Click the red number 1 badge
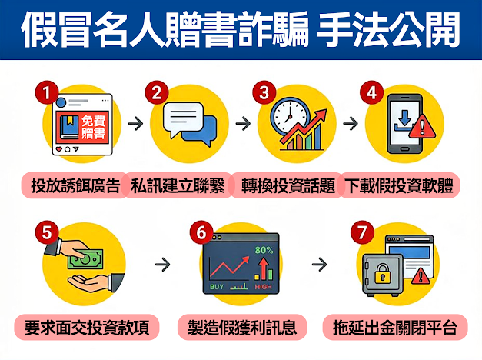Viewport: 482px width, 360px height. (47, 92)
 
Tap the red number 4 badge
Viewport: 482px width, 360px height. (371, 92)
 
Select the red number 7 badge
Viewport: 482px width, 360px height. (362, 232)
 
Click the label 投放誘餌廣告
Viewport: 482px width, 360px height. (75, 185)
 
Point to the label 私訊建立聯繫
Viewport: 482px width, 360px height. (178, 185)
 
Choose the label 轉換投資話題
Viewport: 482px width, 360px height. (288, 185)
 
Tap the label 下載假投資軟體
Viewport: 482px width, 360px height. (399, 185)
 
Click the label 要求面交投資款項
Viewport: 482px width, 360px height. (87, 327)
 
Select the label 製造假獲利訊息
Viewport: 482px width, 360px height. (242, 327)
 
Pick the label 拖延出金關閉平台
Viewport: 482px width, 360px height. (395, 327)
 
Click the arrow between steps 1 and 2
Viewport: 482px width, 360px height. (136, 123)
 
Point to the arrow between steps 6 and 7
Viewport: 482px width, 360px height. (319, 264)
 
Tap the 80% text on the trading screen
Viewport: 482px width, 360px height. (264, 250)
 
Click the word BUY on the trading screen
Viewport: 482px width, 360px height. (217, 287)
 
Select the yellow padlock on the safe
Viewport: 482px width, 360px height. (382, 273)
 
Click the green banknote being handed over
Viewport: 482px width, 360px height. (85, 259)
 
